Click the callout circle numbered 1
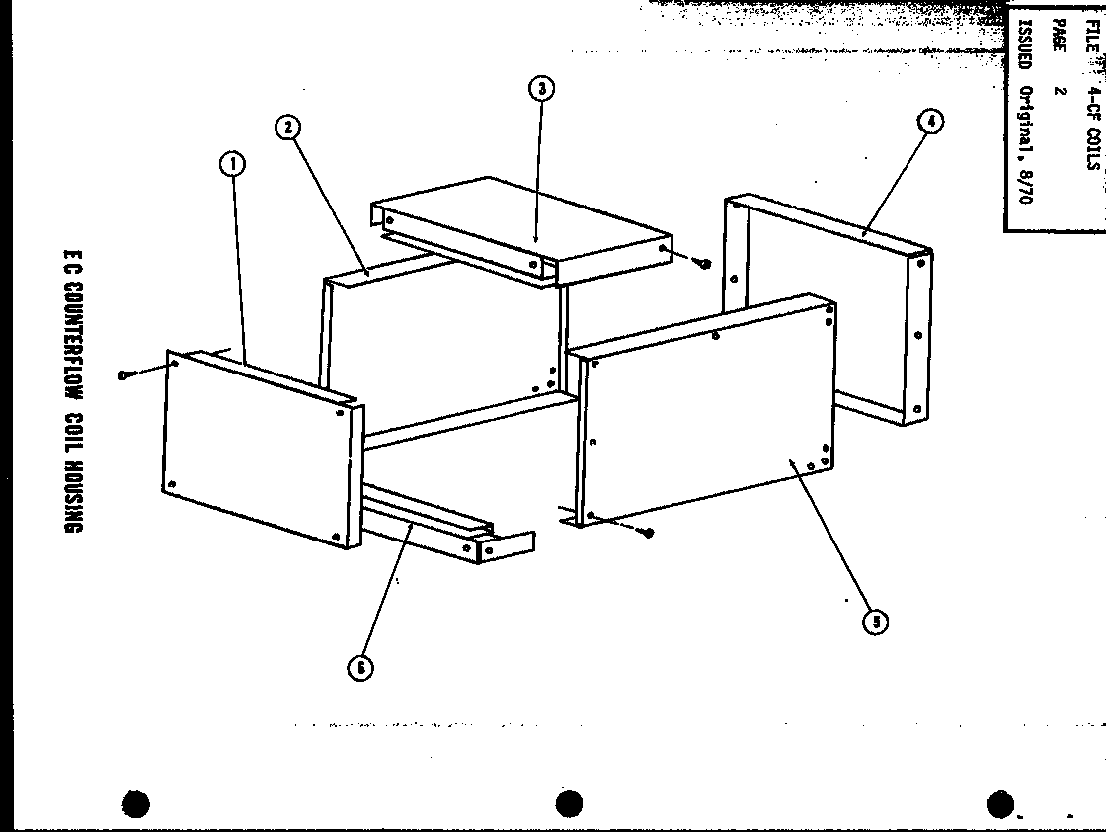(232, 164)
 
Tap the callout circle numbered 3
(540, 89)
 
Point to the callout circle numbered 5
(874, 621)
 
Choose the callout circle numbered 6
(360, 667)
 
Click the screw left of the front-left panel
(123, 374)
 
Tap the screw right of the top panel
(705, 263)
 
